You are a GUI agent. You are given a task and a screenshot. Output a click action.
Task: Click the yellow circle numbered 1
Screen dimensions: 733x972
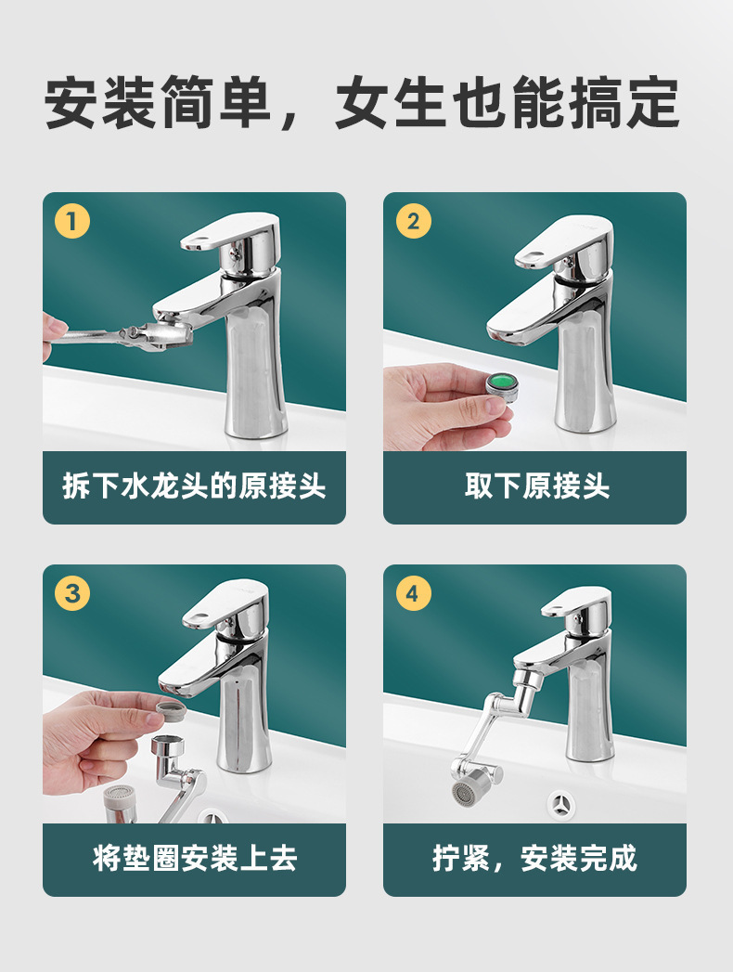point(72,221)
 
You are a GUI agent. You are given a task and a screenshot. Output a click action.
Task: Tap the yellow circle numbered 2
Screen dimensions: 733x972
point(413,221)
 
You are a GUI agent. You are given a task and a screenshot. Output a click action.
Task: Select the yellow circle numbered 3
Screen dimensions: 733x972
point(72,593)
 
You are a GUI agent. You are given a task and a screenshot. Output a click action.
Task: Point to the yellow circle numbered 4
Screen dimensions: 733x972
point(413,593)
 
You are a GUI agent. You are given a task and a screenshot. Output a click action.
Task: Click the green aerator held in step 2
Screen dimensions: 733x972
point(502,385)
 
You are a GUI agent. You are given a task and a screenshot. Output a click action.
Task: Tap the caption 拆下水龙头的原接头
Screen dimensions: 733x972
point(194,486)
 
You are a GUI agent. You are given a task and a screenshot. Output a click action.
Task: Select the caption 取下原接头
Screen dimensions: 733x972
point(537,486)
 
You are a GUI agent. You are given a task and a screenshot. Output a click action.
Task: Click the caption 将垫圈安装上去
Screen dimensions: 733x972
point(195,858)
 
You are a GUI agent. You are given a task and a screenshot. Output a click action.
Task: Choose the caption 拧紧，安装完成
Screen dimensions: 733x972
point(534,858)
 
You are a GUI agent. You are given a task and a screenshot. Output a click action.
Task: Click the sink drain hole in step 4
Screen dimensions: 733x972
point(563,804)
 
